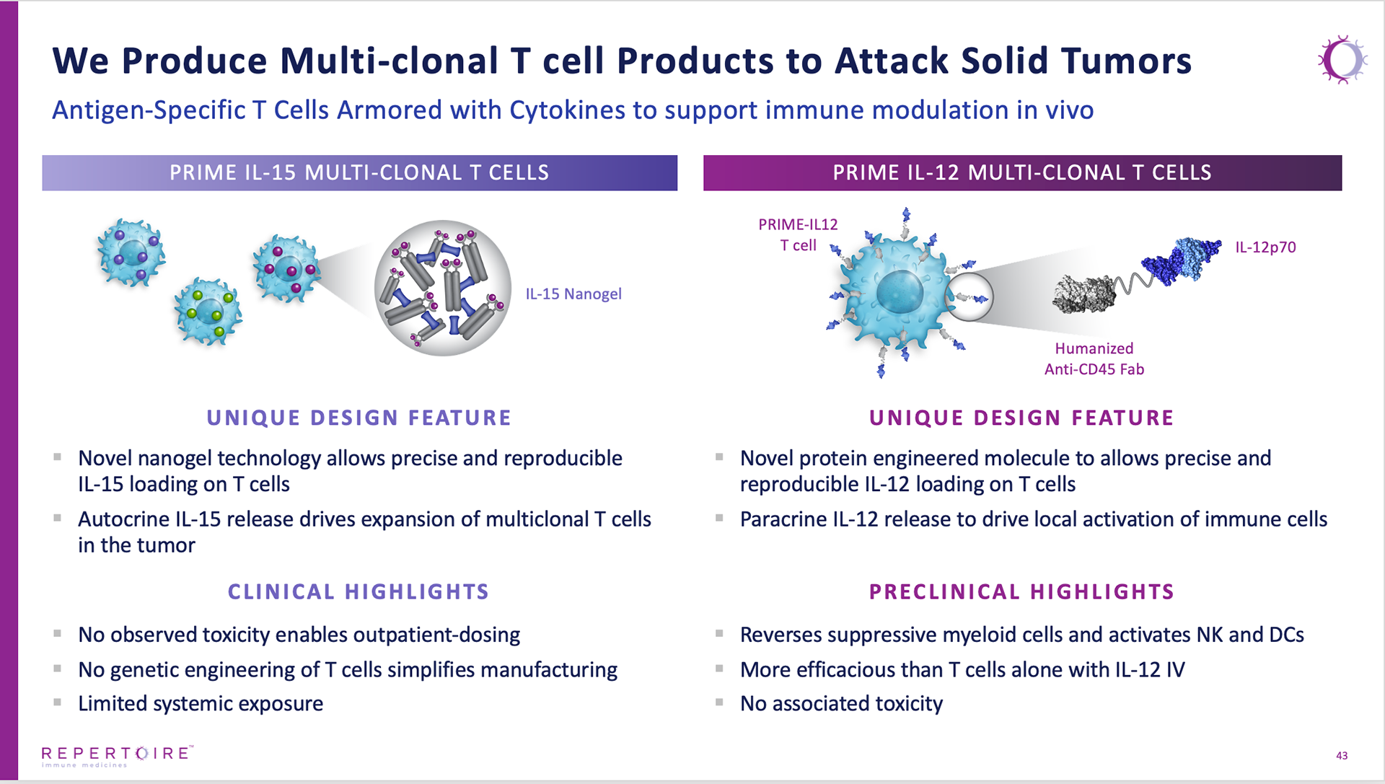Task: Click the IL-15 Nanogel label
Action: [573, 294]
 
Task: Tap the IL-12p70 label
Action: [1265, 247]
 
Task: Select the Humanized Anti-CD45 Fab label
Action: [1094, 358]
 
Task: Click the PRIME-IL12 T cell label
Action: [798, 235]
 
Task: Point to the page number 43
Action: [1342, 755]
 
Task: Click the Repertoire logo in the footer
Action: [118, 756]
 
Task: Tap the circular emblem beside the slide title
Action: [1342, 60]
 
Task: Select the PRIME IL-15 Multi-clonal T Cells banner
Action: [360, 173]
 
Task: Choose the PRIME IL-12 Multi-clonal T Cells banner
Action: [1022, 173]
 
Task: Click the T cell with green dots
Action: [208, 312]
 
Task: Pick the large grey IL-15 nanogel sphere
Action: [443, 288]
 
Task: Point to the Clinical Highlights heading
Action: [359, 592]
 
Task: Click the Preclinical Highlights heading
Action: [1021, 592]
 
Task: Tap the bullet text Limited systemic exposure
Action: [201, 703]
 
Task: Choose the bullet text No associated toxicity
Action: [841, 703]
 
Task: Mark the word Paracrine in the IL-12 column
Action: [783, 519]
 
